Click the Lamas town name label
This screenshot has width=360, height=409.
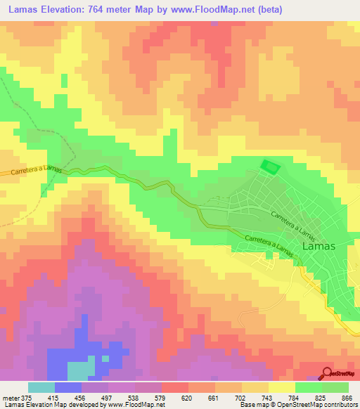pyautogui.click(x=318, y=247)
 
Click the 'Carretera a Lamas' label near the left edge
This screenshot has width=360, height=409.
pyautogui.click(x=31, y=171)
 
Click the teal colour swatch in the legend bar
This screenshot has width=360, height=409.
pyautogui.click(x=41, y=387)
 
